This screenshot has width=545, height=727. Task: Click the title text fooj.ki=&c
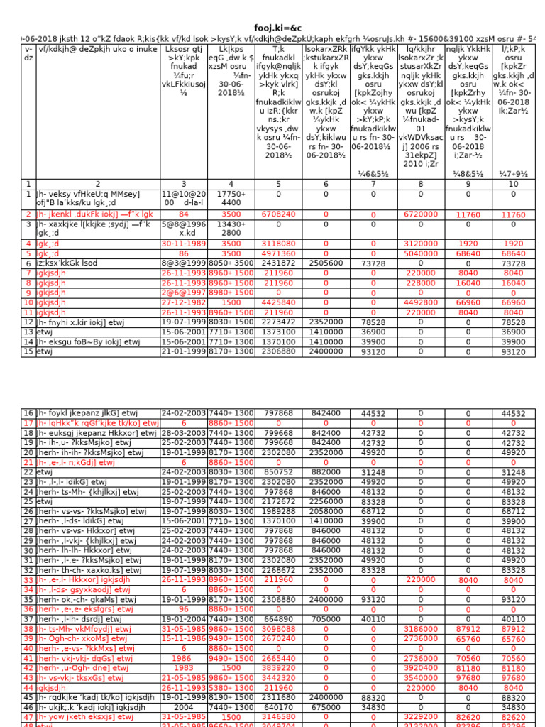pyautogui.click(x=272, y=26)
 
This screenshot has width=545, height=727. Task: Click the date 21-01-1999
pyautogui.click(x=184, y=351)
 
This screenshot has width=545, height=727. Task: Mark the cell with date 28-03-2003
pyautogui.click(x=184, y=432)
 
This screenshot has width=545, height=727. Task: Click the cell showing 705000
pyautogui.click(x=326, y=618)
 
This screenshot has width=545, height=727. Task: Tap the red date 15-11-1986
pyautogui.click(x=184, y=638)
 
